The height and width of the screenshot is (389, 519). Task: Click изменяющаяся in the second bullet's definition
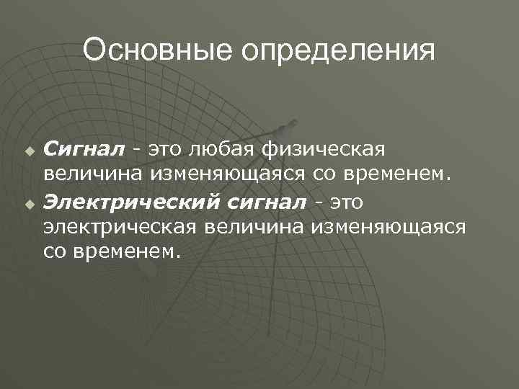coord(388,228)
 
